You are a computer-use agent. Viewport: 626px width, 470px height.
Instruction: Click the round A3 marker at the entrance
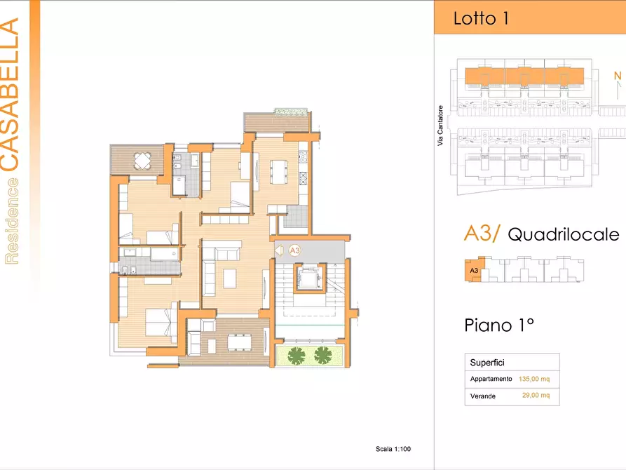pyautogui.click(x=294, y=250)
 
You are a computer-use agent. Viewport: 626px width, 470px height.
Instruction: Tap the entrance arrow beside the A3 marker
pyautogui.click(x=279, y=250)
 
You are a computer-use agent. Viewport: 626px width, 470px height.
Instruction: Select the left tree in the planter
pyautogui.click(x=296, y=355)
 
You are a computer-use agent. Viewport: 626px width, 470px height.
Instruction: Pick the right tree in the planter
pyautogui.click(x=323, y=355)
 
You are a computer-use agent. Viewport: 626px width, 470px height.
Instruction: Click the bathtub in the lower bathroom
pyautogui.click(x=164, y=254)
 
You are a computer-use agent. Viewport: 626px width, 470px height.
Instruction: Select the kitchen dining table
pyautogui.click(x=278, y=171)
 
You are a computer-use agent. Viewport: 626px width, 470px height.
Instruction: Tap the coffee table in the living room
pyautogui.click(x=229, y=278)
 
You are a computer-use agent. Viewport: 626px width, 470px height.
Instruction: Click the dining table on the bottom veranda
pyautogui.click(x=240, y=342)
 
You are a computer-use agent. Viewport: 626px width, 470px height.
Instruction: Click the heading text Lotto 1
pyautogui.click(x=481, y=18)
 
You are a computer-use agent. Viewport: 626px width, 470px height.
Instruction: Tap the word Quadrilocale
pyautogui.click(x=564, y=234)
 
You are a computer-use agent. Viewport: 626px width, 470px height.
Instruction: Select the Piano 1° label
pyautogui.click(x=499, y=325)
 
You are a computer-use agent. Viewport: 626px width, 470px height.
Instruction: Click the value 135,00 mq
pyautogui.click(x=534, y=379)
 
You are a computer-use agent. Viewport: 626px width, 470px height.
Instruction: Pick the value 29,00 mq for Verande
pyautogui.click(x=536, y=395)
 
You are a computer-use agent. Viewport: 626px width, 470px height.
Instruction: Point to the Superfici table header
pyautogui.click(x=487, y=363)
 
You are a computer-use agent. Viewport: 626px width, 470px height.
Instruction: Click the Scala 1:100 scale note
pyautogui.click(x=393, y=449)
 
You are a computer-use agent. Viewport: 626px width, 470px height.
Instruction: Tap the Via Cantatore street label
pyautogui.click(x=440, y=126)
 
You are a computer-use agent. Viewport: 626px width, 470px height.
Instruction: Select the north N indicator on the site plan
pyautogui.click(x=618, y=76)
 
